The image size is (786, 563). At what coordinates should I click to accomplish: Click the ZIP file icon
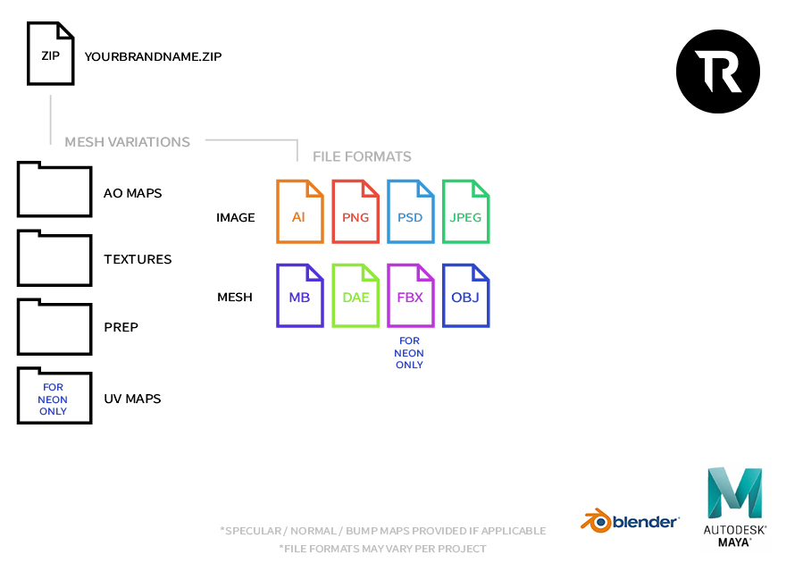51,55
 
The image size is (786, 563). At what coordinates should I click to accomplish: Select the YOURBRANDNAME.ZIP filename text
153,56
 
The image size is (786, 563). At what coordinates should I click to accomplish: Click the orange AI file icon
299,212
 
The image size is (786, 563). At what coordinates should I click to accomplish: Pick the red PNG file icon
355,212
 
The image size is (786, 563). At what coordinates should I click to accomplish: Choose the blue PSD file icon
410,212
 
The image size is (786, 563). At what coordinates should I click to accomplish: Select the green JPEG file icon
465,212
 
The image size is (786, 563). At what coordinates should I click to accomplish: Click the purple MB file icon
299,295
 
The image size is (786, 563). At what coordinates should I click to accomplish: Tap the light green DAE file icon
355,295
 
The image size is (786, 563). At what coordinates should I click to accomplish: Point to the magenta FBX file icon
410,295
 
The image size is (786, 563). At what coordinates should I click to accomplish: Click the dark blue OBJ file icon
465,295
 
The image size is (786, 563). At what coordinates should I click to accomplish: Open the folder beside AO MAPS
54,189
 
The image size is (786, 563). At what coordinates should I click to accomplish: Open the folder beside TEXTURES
54,258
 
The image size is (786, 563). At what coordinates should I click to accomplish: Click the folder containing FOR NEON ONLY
54,396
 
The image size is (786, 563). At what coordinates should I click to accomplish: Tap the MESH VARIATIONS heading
127,141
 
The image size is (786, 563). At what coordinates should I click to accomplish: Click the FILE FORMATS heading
362,156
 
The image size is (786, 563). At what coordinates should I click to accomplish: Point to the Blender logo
631,520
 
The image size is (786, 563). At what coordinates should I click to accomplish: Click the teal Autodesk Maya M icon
734,492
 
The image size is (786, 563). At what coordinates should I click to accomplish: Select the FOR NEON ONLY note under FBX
410,353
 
